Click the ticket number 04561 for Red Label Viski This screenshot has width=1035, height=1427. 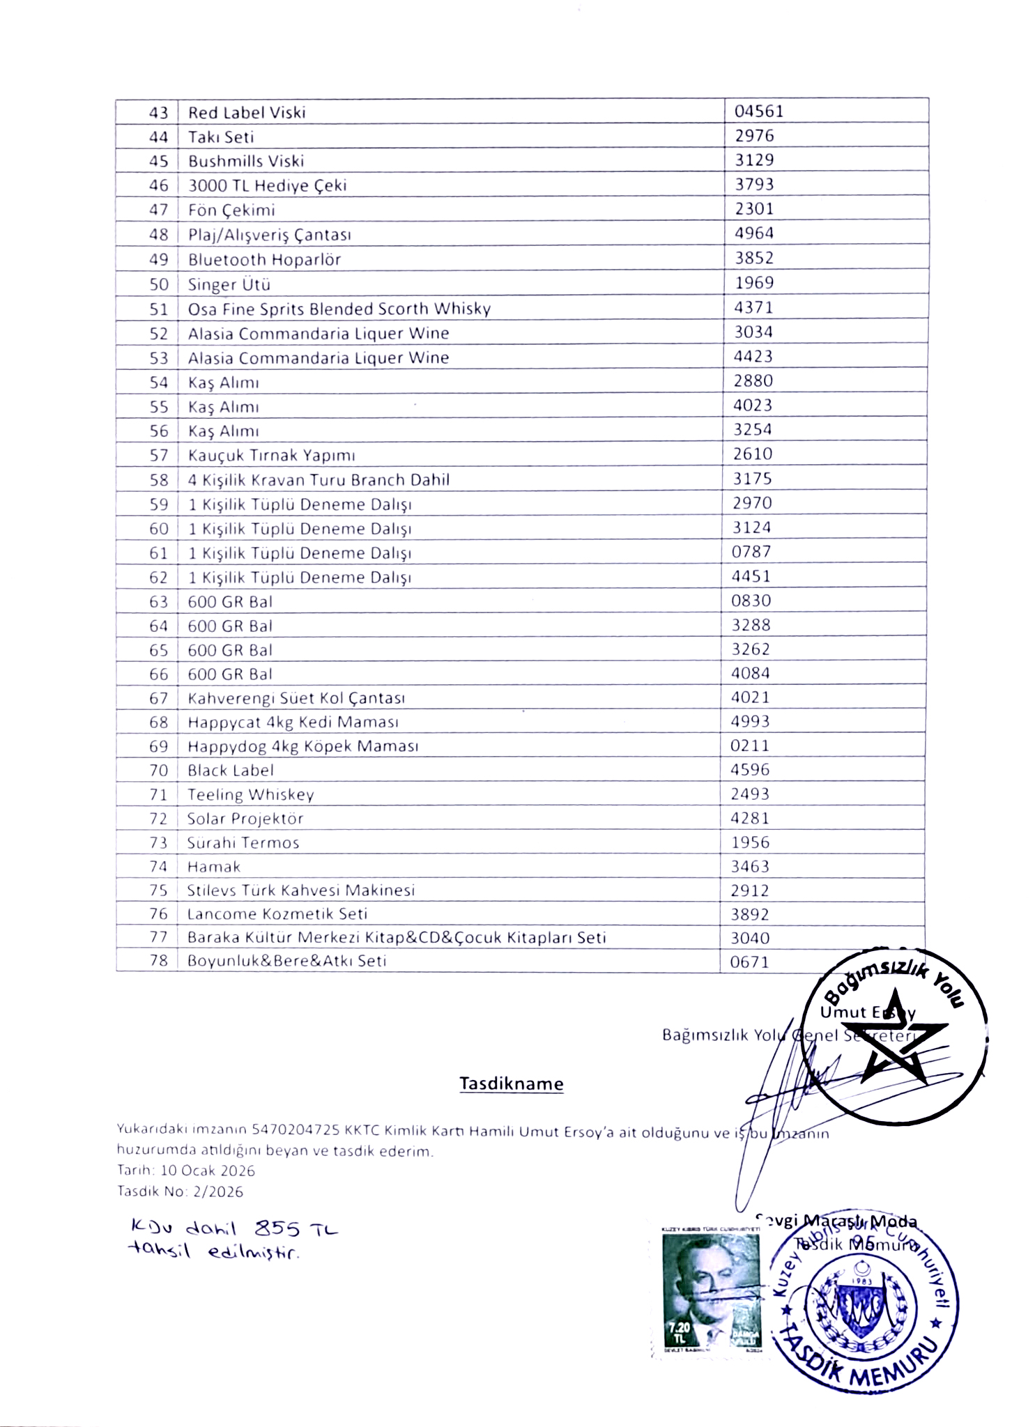pyautogui.click(x=759, y=111)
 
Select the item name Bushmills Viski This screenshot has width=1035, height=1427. pyautogui.click(x=246, y=161)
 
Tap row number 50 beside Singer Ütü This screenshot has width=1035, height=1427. pyautogui.click(x=159, y=284)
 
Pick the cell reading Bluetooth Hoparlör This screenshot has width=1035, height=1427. pyautogui.click(x=264, y=260)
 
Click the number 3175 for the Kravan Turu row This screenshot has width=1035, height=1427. pyautogui.click(x=752, y=479)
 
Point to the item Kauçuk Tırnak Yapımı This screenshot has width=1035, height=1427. pyautogui.click(x=271, y=456)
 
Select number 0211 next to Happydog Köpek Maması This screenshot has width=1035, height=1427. pyautogui.click(x=750, y=746)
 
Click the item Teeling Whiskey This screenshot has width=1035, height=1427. pyautogui.click(x=250, y=794)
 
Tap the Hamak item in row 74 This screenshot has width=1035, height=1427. pyautogui.click(x=213, y=867)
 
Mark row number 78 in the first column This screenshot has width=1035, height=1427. pyautogui.click(x=159, y=961)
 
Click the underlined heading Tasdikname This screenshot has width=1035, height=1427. pyautogui.click(x=511, y=1083)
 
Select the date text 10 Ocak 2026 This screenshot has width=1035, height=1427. pyautogui.click(x=208, y=1171)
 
